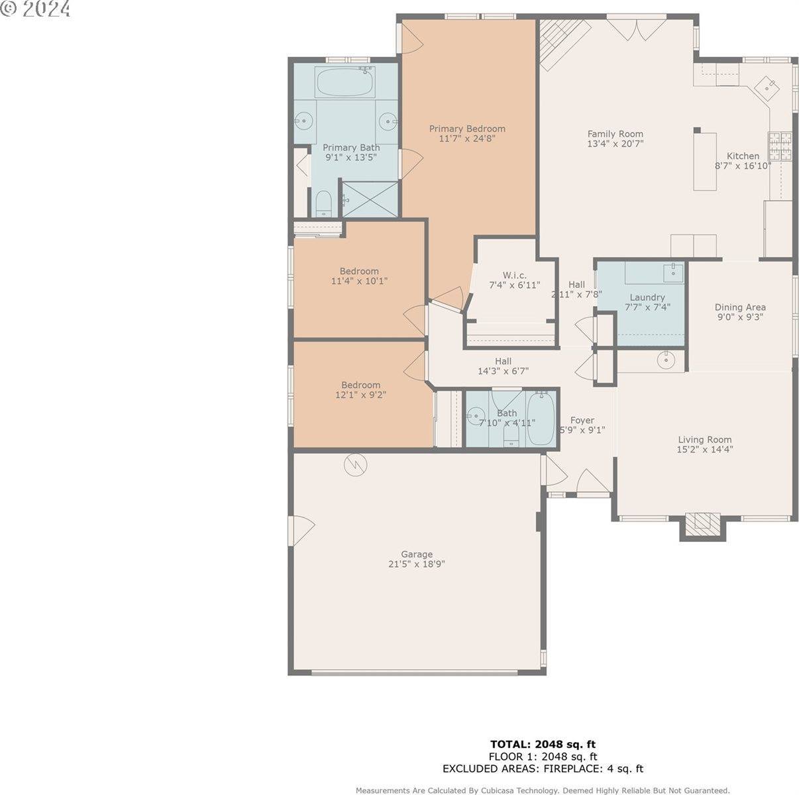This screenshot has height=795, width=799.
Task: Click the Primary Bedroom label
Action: click(467, 129)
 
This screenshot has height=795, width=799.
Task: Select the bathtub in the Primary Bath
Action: click(344, 83)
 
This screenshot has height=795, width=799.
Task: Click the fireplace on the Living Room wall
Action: click(702, 524)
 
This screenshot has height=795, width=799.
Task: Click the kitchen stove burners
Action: click(780, 146)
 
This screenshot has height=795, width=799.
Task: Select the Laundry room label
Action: click(647, 297)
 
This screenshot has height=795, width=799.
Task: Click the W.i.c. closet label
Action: click(514, 275)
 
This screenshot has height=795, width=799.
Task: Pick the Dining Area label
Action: click(740, 307)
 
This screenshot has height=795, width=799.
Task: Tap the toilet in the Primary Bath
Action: click(323, 203)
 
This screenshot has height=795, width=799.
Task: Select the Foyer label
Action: click(582, 420)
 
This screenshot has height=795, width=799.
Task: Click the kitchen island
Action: click(705, 162)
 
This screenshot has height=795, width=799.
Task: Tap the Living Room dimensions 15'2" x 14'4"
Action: click(705, 449)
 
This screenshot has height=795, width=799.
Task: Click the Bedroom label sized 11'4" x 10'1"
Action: click(359, 271)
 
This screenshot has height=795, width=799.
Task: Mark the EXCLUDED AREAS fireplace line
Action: click(543, 769)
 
